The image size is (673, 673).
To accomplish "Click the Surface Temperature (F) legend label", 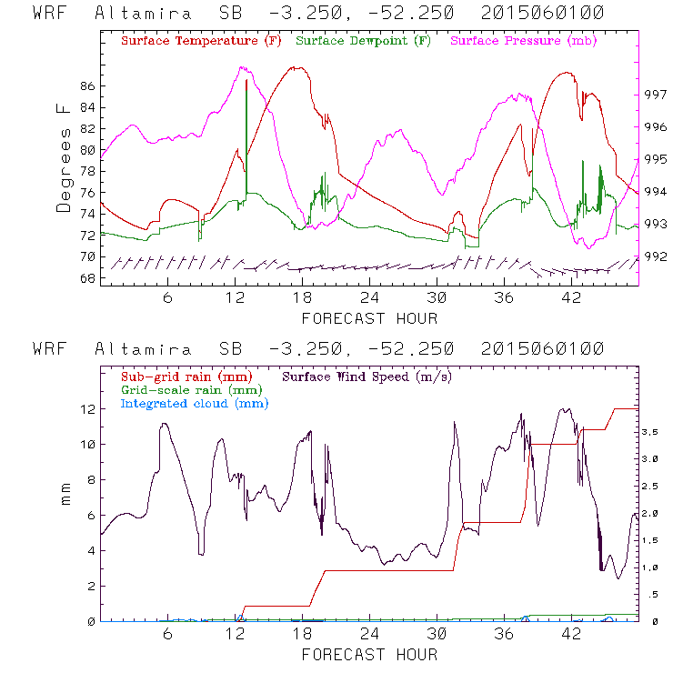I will coord(201,42).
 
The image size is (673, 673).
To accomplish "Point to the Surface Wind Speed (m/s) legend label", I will coord(367,375).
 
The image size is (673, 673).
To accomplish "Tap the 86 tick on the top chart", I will coord(87,86).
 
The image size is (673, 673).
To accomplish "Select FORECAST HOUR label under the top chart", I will coord(369,318).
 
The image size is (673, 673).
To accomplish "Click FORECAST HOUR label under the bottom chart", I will coord(369,654).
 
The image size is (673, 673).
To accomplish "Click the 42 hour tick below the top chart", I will coord(571,298).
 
